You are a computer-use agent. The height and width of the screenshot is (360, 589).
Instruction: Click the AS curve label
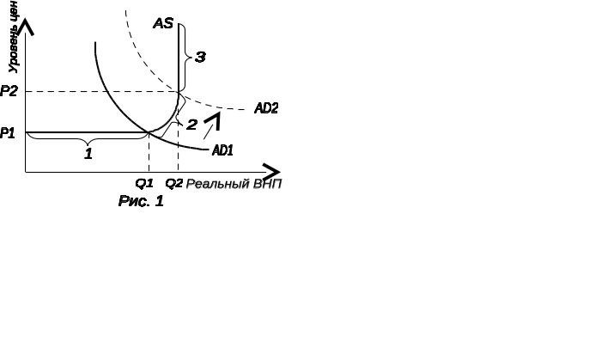point(163,23)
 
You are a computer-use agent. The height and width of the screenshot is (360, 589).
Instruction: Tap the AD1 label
point(223,150)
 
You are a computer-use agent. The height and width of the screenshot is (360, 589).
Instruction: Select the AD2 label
point(266,108)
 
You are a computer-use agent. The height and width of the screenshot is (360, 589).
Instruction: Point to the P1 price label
point(8,133)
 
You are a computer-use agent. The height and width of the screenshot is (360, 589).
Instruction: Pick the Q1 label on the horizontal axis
point(144,183)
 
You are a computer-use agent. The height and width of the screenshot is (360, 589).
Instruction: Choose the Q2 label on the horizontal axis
point(174,183)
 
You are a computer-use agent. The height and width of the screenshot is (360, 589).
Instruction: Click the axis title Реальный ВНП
point(234,184)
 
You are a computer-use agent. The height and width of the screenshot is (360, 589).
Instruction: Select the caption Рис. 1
point(140,202)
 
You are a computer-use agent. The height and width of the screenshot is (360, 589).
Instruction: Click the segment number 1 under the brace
point(88,154)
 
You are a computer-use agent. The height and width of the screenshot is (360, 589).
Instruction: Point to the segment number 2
point(191,125)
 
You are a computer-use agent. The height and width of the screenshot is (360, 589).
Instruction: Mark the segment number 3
point(200,58)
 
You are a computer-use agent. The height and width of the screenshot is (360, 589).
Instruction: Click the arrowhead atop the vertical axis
point(27,27)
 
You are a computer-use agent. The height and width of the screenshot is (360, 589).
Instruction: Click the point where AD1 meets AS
point(150,131)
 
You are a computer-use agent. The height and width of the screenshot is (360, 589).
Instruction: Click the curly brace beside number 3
point(188,57)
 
